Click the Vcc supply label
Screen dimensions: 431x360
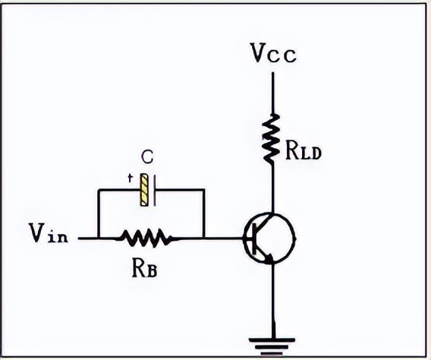click(274, 54)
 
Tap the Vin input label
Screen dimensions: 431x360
click(49, 233)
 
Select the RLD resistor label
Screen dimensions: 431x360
click(304, 151)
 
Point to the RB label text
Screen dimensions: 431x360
click(145, 268)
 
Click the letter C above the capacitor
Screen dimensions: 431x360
click(147, 157)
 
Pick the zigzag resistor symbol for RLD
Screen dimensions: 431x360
click(272, 138)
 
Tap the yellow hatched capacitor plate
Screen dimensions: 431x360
click(144, 190)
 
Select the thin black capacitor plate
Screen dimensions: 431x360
click(155, 191)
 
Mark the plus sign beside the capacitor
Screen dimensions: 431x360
click(130, 178)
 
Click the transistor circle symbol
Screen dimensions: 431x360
click(269, 238)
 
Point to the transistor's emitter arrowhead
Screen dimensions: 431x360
click(269, 258)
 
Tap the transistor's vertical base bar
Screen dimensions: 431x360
click(254, 238)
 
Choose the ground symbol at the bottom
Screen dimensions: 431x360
click(272, 347)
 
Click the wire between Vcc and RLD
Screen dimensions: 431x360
click(272, 93)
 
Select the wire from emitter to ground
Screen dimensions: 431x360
click(273, 301)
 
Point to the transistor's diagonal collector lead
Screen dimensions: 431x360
click(264, 220)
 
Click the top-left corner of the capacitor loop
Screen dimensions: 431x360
click(99, 190)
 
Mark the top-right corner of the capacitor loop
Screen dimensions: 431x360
click(203, 190)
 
